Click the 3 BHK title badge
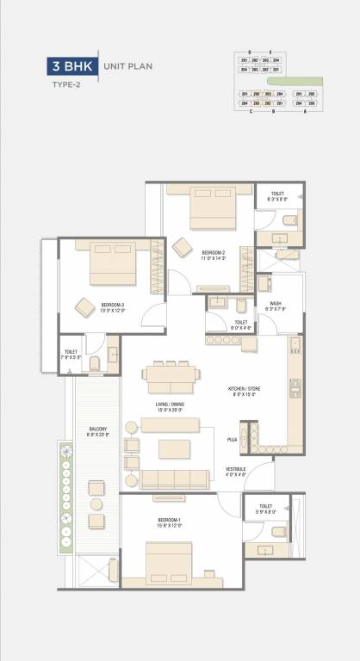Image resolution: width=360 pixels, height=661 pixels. [72, 65]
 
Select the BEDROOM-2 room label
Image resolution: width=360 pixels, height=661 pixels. [214, 254]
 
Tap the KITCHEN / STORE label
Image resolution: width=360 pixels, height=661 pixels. [245, 391]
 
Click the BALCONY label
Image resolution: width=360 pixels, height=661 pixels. [97, 431]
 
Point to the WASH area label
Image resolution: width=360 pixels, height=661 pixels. [276, 306]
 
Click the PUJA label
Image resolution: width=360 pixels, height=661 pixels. [232, 440]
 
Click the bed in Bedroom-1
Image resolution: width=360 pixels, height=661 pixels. [169, 571]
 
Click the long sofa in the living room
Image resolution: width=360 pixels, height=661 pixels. [175, 479]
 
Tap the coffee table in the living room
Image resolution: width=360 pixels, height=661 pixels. [175, 448]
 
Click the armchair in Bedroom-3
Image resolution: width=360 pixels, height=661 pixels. [85, 306]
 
